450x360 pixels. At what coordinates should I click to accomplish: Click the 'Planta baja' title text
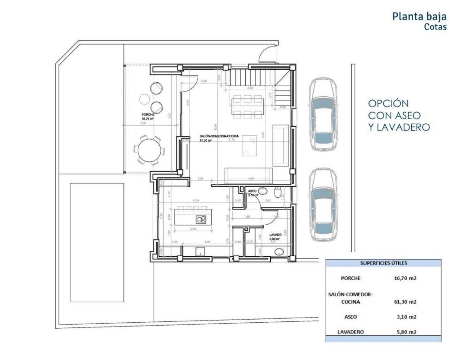[x=419, y=16]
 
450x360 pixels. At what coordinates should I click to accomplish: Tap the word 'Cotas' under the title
[x=435, y=27]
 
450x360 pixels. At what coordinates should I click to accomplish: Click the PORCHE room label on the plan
[x=148, y=115]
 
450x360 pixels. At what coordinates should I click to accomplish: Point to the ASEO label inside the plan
[x=252, y=191]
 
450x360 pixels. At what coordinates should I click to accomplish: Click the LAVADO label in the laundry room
[x=275, y=234]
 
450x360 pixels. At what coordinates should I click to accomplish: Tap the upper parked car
[x=324, y=114]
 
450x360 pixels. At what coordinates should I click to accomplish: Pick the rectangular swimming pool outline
[x=97, y=242]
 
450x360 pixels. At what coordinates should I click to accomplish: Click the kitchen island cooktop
[x=201, y=219]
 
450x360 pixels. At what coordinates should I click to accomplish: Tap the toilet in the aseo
[x=278, y=193]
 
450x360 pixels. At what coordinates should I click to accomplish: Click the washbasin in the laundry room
[x=279, y=252]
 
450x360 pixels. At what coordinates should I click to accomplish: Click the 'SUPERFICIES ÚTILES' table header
[x=383, y=263]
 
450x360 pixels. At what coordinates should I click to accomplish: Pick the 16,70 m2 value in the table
[x=405, y=278]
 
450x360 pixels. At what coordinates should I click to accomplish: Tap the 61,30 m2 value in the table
[x=405, y=302]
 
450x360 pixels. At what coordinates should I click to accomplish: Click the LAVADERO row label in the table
[x=351, y=332]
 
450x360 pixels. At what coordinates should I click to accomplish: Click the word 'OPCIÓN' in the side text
[x=388, y=103]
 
